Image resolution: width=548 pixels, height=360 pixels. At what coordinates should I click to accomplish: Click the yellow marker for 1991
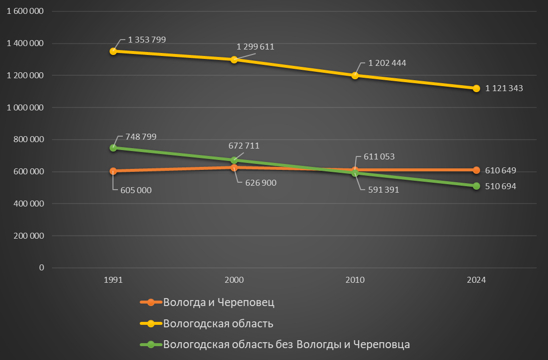pyautogui.click(x=113, y=51)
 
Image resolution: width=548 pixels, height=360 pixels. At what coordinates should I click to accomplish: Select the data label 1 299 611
pyautogui.click(x=255, y=47)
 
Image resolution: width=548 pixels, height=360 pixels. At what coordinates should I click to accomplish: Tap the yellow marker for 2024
pyautogui.click(x=476, y=89)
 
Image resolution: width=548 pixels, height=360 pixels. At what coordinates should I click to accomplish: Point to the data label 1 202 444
pyautogui.click(x=387, y=63)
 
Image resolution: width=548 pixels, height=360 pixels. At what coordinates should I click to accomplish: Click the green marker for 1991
pyautogui.click(x=113, y=148)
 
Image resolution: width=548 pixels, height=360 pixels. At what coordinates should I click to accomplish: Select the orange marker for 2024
pyautogui.click(x=476, y=170)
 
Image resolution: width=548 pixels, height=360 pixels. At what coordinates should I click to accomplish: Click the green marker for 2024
pyautogui.click(x=476, y=186)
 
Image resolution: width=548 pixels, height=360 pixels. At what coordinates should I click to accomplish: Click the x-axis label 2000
pyautogui.click(x=234, y=280)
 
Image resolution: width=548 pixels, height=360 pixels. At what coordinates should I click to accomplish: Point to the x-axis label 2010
pyautogui.click(x=355, y=280)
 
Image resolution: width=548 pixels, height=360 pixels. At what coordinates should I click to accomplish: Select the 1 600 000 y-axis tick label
pyautogui.click(x=25, y=11)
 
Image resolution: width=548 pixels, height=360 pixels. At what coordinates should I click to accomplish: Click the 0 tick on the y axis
pyautogui.click(x=42, y=267)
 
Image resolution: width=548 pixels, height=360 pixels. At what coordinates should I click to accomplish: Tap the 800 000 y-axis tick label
pyautogui.click(x=29, y=140)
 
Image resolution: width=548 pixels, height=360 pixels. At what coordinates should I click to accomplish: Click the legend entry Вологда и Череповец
pyautogui.click(x=219, y=303)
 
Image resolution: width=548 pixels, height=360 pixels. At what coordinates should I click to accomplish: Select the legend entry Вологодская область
pyautogui.click(x=218, y=324)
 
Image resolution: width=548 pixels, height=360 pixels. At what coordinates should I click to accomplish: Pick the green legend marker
pyautogui.click(x=151, y=344)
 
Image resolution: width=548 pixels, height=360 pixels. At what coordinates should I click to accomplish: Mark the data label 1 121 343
pyautogui.click(x=504, y=89)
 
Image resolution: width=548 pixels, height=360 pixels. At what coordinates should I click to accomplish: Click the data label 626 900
pyautogui.click(x=261, y=183)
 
